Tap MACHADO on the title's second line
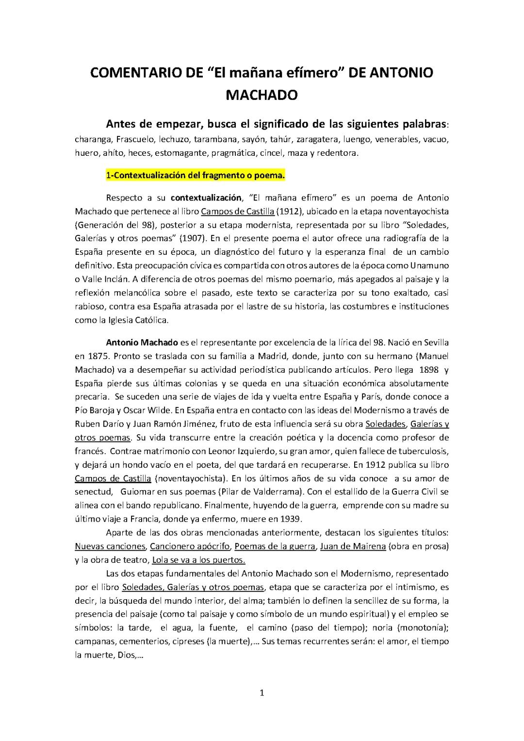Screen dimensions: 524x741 coord(262,95)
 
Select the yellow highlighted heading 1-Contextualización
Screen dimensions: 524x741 coord(195,176)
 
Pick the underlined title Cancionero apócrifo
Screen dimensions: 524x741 coord(190,546)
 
